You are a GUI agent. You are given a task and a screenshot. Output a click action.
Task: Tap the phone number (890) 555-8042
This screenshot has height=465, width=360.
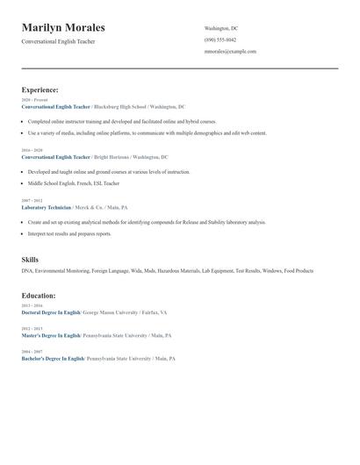[x=220, y=40]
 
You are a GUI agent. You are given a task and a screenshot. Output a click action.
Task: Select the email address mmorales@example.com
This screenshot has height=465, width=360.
[x=230, y=52]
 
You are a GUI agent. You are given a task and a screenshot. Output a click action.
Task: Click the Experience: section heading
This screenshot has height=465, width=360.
[x=40, y=89]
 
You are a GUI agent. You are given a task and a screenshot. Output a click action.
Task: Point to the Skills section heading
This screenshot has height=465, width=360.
[x=30, y=260]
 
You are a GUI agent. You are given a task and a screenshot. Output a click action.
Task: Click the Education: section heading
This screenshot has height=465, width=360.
[x=38, y=296]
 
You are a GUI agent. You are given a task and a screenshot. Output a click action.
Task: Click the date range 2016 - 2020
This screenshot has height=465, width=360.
[x=32, y=150]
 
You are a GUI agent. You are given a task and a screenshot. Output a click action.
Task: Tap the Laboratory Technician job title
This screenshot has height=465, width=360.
[x=47, y=207]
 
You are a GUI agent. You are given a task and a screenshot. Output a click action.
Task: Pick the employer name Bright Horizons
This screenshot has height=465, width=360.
[x=112, y=157]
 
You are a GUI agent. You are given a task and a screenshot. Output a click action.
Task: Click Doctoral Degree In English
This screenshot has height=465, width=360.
[x=51, y=312]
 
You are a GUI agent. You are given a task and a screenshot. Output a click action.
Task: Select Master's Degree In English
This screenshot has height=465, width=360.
[x=51, y=335]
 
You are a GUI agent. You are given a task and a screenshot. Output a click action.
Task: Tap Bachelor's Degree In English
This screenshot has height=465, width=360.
[x=53, y=358]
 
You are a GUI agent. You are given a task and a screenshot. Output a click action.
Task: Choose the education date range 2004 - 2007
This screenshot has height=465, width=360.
[x=32, y=352]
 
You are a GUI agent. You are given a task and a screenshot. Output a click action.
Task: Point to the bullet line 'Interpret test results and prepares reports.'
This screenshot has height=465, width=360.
[x=69, y=234]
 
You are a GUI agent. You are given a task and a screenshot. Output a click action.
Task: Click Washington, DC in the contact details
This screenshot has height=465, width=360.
[x=221, y=28]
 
